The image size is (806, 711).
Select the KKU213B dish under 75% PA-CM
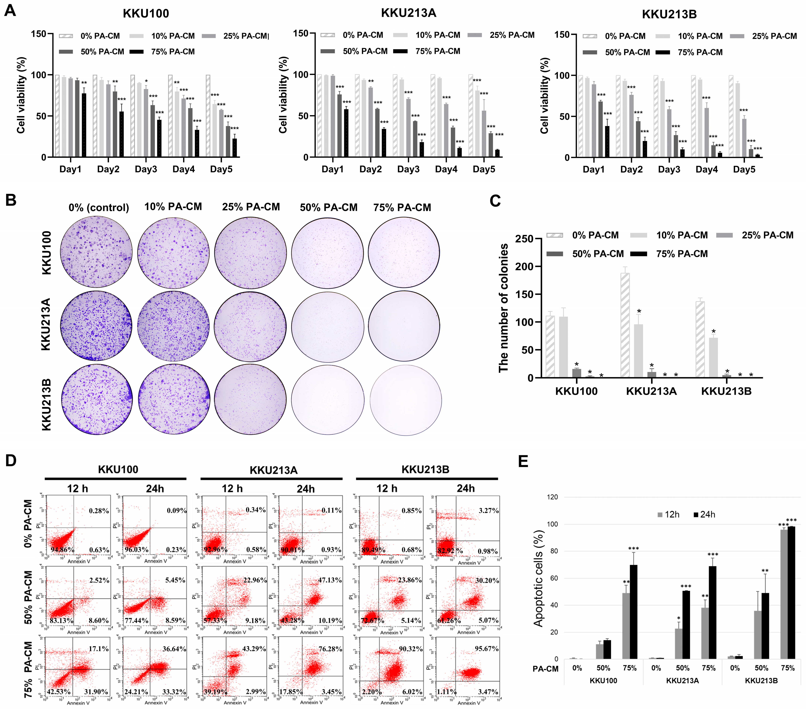(405, 400)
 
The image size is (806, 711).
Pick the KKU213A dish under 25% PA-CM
(250, 326)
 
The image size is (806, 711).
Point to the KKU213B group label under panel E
(761, 681)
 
